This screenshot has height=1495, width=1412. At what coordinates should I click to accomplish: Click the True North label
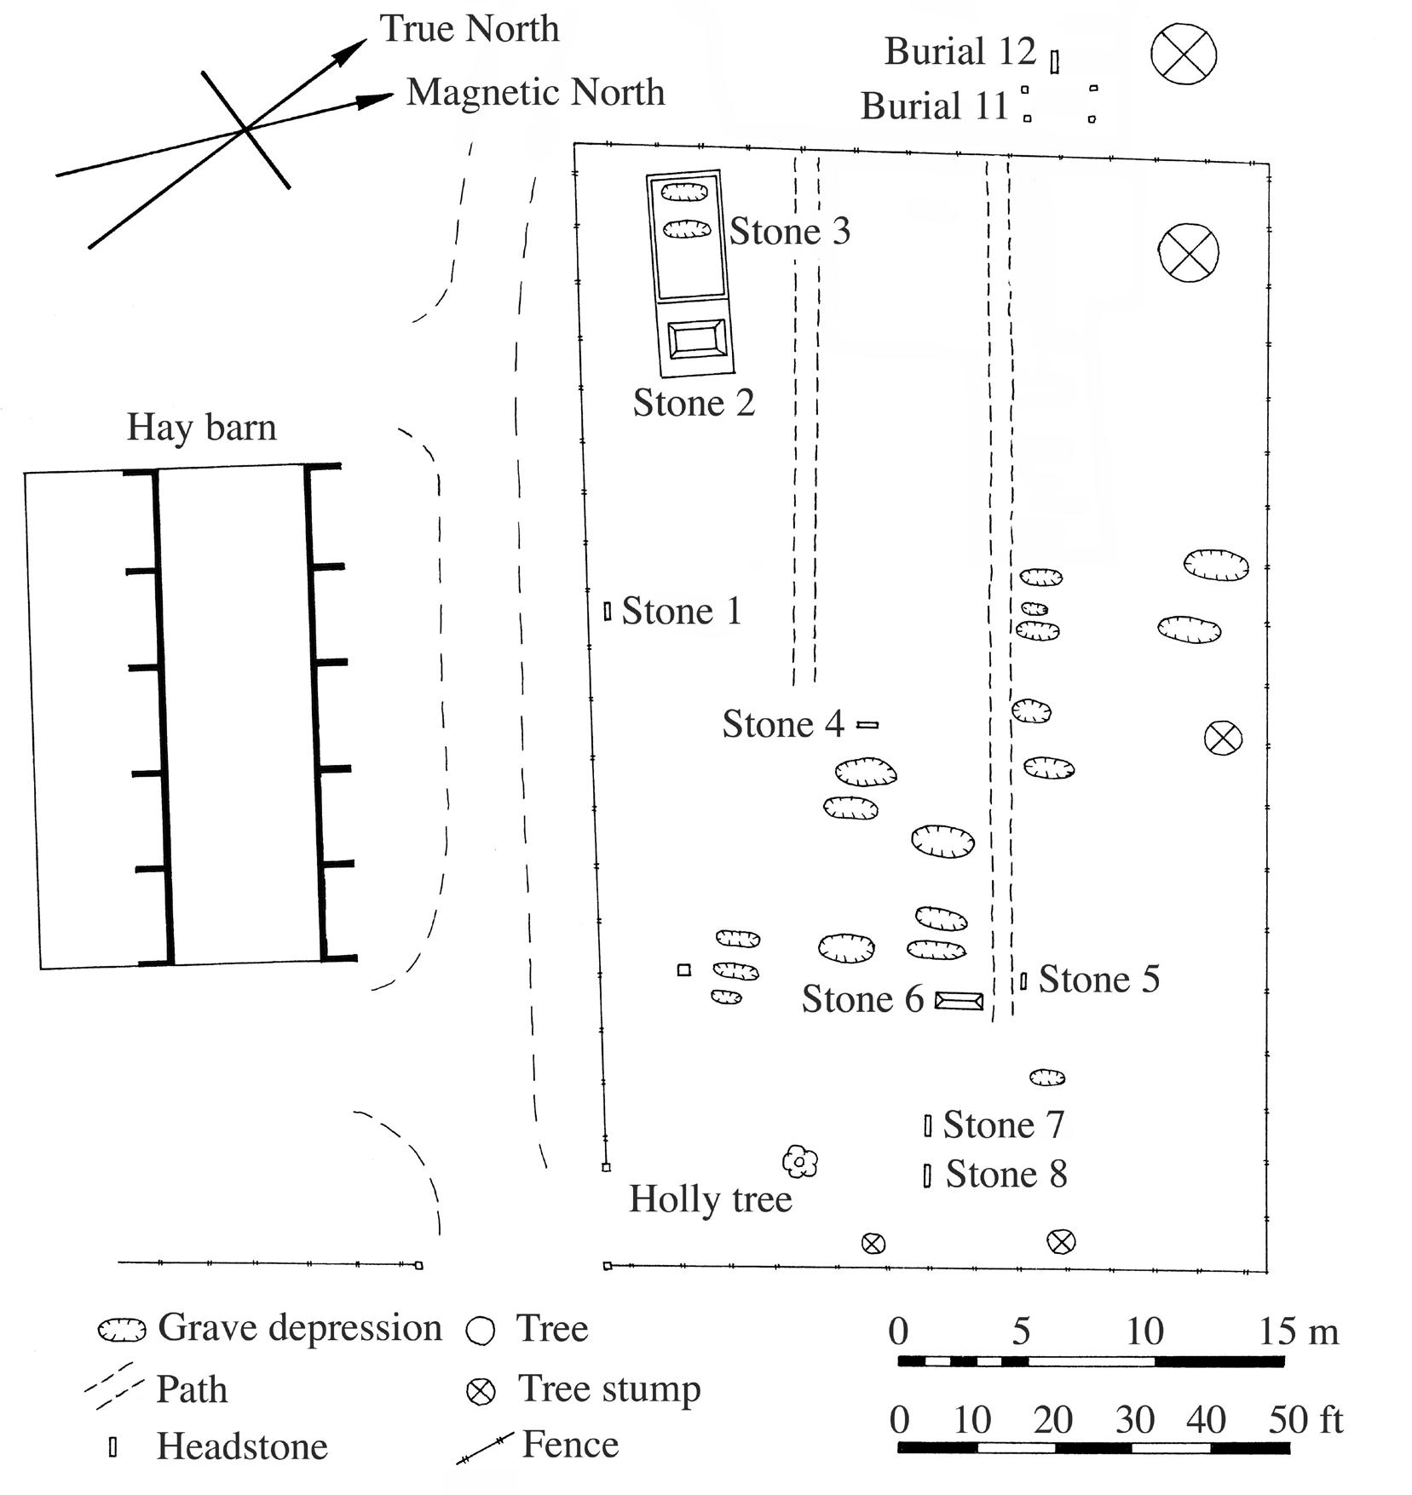tap(470, 29)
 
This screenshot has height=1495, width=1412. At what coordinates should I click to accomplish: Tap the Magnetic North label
tap(535, 92)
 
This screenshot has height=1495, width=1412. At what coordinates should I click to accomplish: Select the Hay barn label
tap(202, 428)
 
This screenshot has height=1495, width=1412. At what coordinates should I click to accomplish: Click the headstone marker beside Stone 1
tap(608, 611)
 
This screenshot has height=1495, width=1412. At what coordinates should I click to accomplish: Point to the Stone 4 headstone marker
tap(867, 725)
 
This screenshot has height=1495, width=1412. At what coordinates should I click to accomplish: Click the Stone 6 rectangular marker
tap(960, 1000)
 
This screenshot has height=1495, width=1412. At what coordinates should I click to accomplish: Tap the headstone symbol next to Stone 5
tap(1023, 981)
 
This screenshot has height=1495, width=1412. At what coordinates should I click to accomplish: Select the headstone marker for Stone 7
tap(928, 1125)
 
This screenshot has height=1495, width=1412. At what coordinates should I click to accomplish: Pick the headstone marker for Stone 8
tap(927, 1176)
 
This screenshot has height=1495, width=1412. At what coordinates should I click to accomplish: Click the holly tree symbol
tap(800, 1160)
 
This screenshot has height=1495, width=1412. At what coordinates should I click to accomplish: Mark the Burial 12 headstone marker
tap(1055, 62)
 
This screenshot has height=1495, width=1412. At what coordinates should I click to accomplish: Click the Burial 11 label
tap(935, 106)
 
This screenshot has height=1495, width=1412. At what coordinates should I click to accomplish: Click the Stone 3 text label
tap(790, 232)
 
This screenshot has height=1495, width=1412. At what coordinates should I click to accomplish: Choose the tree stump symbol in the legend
tap(481, 1392)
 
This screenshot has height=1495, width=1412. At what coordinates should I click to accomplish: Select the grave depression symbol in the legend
tap(122, 1331)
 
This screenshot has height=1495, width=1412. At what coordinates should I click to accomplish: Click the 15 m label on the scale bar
tap(1299, 1331)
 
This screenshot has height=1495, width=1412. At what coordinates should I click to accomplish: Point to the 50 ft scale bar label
tap(1305, 1420)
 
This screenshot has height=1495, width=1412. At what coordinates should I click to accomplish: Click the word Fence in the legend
tap(570, 1445)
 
